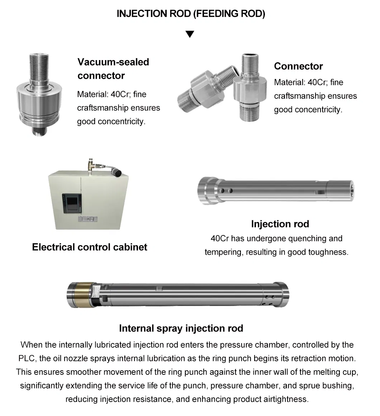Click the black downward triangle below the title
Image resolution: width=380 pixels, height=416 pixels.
[190, 34]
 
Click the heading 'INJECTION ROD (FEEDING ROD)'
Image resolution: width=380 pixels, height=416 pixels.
[191, 14]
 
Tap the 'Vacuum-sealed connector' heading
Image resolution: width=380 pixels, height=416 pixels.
[113, 69]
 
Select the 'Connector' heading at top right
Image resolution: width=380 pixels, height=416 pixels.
[298, 66]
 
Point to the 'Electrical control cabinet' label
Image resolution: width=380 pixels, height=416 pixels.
[90, 247]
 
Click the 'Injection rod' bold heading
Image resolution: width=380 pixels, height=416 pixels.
[280, 224]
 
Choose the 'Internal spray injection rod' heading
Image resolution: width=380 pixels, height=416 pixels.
[181, 328]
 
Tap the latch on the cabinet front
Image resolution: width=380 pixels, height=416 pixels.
[88, 219]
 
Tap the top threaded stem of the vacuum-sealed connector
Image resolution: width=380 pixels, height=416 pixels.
[39, 66]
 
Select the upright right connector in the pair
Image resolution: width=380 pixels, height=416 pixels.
[250, 87]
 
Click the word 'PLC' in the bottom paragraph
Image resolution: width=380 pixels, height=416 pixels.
[27, 358]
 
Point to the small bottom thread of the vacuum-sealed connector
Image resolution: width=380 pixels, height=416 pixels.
[39, 131]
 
